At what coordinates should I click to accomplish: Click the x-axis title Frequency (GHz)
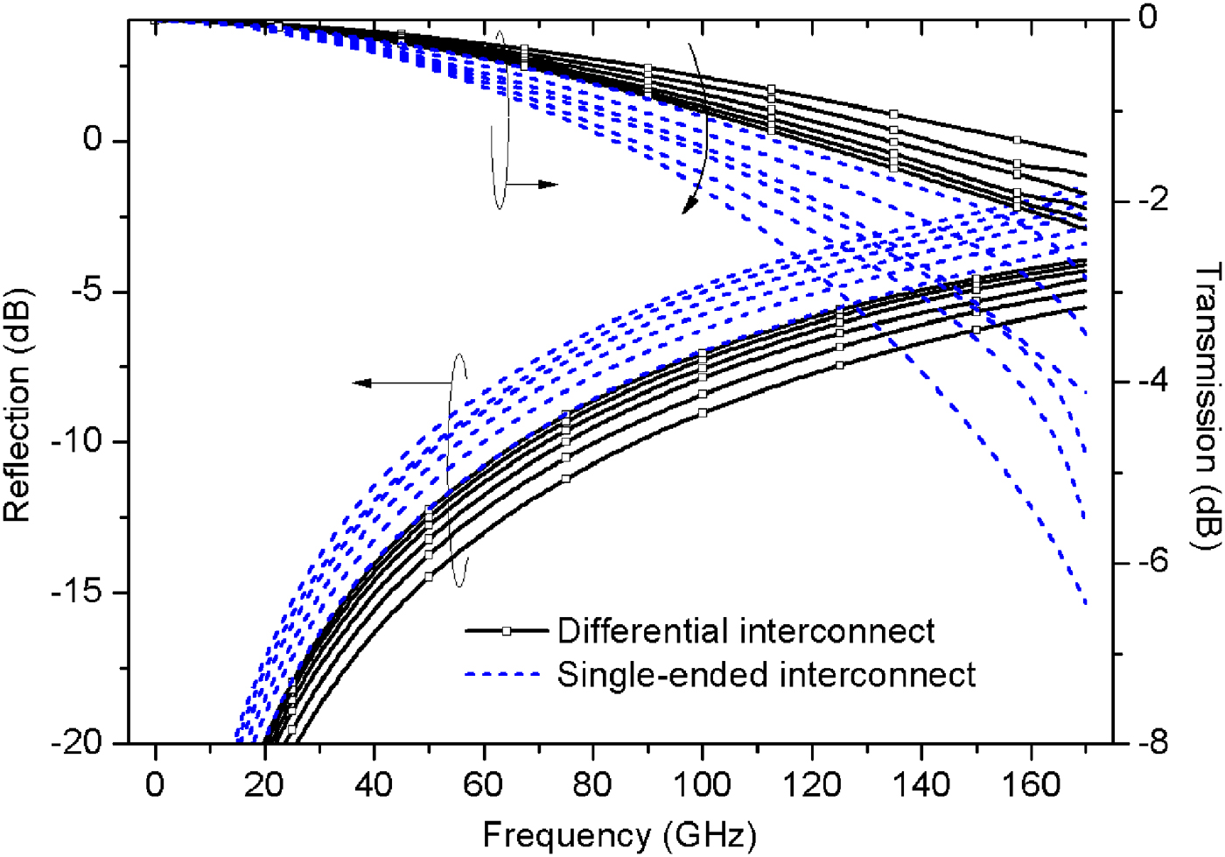point(619,835)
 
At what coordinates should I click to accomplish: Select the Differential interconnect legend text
point(745,631)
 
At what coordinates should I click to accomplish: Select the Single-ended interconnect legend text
point(766,675)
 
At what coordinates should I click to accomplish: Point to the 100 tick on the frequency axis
point(702,783)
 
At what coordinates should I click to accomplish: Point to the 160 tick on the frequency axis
point(1031,783)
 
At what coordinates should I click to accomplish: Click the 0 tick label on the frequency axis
point(155,783)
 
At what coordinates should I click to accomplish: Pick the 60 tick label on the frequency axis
point(483,783)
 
